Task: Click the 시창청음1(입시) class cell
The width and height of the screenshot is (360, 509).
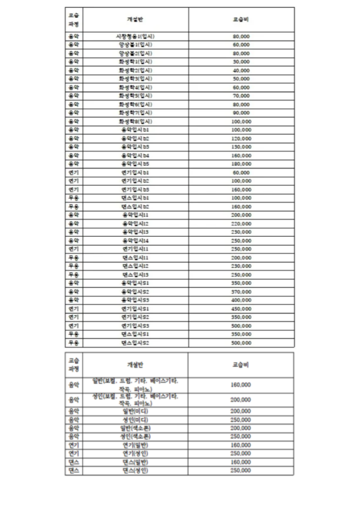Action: [x=135, y=36]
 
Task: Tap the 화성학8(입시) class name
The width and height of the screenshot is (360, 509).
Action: [x=135, y=122]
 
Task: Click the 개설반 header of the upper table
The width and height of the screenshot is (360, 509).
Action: [x=135, y=19]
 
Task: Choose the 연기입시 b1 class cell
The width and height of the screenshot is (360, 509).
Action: [x=135, y=173]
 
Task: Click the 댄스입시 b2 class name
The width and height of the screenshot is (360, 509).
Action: [x=135, y=207]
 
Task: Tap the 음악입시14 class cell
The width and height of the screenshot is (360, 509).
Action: [x=135, y=241]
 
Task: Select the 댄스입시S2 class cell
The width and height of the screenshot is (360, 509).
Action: [x=135, y=343]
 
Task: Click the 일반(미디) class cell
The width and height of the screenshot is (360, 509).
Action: [x=135, y=411]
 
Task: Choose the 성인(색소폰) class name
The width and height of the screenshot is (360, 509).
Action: [x=135, y=437]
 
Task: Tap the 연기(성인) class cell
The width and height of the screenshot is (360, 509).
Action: [x=135, y=454]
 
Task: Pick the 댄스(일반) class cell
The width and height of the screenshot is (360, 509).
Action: [x=135, y=462]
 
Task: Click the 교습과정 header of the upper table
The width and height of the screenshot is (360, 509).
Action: [x=73, y=19]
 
